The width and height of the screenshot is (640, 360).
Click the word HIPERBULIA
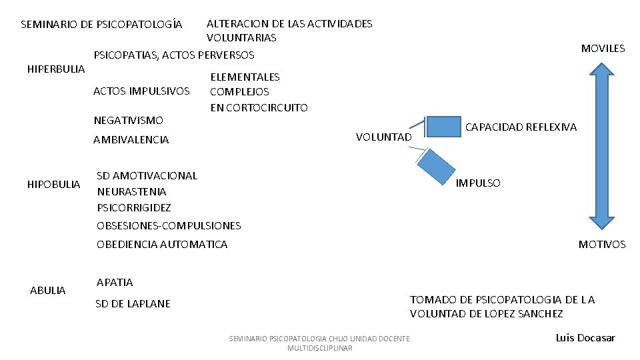55,69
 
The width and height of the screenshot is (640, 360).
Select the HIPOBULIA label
53,184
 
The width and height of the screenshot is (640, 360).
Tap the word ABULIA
48,290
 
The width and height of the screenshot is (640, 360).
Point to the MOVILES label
603,48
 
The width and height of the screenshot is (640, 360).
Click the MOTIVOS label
602,245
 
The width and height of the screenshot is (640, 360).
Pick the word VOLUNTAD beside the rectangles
384,137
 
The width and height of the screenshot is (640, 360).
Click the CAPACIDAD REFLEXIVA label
521,127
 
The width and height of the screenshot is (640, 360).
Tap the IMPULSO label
478,183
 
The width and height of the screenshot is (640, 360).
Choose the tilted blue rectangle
437,165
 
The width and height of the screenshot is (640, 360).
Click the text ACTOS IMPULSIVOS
141,91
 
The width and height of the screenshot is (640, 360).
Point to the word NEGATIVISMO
128,121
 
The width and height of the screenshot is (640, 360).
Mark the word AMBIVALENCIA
131,140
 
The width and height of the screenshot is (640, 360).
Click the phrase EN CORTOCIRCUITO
259,107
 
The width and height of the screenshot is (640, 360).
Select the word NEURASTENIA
131,192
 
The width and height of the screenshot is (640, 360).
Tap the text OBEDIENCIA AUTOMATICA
162,245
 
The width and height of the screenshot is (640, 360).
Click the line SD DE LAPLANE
133,304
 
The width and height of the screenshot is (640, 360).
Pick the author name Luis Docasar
585,338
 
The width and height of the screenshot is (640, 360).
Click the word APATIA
115,283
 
